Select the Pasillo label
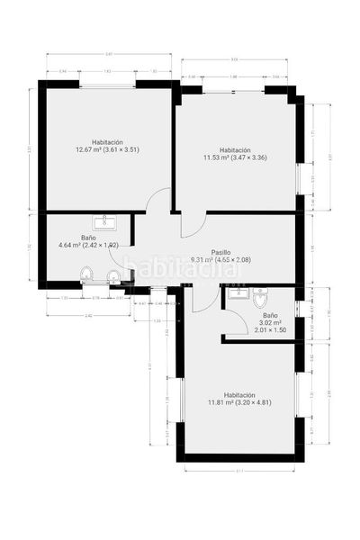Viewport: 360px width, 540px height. [x=220, y=252]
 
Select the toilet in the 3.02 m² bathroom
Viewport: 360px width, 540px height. [x=260, y=298]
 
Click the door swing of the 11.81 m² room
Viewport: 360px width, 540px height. [x=202, y=300]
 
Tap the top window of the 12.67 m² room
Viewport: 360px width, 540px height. [x=108, y=85]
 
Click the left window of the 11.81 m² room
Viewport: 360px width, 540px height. [x=181, y=401]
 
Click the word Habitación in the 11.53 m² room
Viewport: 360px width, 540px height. [x=234, y=150]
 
